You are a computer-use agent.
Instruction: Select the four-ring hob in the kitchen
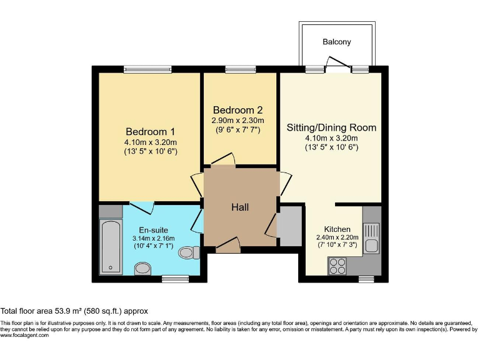[x=338, y=266]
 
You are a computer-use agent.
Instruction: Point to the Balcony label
[x=337, y=42]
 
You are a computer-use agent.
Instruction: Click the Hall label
[x=241, y=206]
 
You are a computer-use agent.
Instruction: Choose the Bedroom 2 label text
[x=237, y=109]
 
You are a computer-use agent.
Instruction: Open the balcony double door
[x=337, y=65]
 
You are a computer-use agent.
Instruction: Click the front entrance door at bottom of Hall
[x=229, y=246]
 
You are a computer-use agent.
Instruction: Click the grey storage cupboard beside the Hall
[x=289, y=226]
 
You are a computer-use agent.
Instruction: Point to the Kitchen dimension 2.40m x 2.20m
[x=337, y=238]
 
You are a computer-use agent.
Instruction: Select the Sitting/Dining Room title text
[x=331, y=127]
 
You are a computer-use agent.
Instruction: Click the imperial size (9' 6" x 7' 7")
[x=237, y=130]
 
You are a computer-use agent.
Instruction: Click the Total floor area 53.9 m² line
[x=74, y=311]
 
